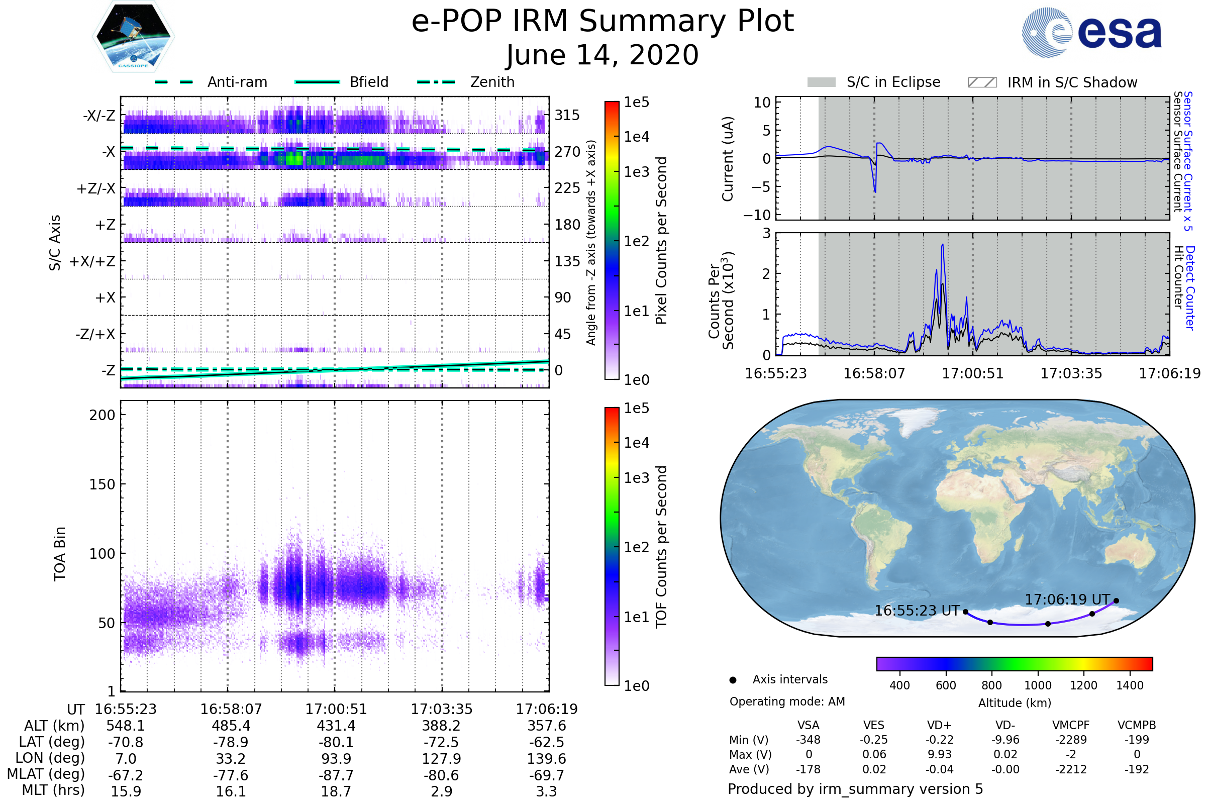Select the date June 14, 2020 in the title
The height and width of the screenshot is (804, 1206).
point(602,55)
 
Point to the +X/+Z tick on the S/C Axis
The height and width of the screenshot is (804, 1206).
point(92,261)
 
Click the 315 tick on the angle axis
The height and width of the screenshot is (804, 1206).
point(567,116)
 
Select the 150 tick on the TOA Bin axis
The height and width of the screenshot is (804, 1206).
point(102,484)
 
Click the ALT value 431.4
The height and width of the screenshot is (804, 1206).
point(336,726)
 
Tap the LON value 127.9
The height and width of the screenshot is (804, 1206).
point(442,759)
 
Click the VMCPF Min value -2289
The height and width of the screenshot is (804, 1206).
point(1071,740)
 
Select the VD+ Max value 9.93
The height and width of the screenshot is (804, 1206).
point(939,755)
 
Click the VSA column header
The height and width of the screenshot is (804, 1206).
point(808,726)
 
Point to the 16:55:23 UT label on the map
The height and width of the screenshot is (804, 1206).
point(917,611)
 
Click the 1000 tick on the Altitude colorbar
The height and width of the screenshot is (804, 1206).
point(1038,685)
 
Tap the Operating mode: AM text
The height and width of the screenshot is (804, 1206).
point(787,701)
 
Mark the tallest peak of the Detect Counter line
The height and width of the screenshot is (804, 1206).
point(943,245)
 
